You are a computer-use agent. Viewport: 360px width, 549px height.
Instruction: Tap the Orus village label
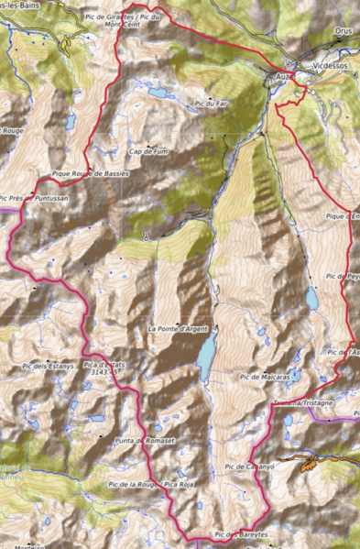[x=343, y=56]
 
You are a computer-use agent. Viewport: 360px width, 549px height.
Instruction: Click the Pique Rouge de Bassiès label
[x=90, y=172]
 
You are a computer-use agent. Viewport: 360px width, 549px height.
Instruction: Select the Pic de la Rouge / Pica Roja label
[x=140, y=484]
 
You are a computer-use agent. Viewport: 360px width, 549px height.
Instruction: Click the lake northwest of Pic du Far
[x=158, y=93]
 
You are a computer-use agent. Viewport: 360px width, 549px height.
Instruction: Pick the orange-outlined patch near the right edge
[x=311, y=463]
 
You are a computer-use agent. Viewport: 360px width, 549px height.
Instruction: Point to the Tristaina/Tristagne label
[x=302, y=401]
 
